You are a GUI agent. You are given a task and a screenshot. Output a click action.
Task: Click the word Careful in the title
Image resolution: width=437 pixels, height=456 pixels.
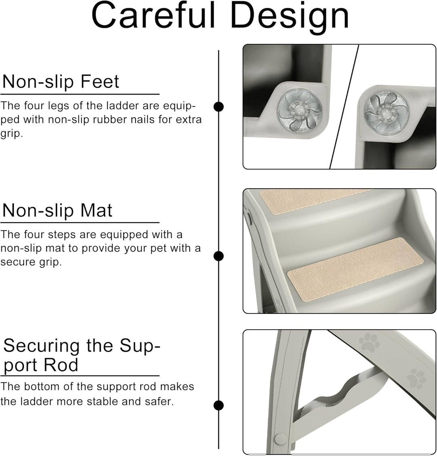(153, 15)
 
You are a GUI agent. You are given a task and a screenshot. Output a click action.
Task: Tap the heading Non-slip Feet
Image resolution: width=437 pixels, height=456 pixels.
(61, 82)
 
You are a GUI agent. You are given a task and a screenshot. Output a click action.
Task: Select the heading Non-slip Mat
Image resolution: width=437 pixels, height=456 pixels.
(57, 210)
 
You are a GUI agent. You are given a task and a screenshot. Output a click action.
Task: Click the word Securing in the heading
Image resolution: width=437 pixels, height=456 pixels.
(41, 346)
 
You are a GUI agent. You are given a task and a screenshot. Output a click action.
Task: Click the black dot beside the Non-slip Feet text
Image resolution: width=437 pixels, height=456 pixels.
(218, 107)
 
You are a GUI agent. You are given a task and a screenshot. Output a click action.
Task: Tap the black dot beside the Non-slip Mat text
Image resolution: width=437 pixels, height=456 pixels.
(218, 256)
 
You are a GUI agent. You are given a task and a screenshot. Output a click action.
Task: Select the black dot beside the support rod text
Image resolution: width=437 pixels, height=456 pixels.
(218, 406)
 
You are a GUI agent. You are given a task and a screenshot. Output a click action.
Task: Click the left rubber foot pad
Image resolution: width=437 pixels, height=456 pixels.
(299, 111)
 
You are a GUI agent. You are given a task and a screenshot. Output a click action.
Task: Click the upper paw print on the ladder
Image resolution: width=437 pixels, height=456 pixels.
(369, 343)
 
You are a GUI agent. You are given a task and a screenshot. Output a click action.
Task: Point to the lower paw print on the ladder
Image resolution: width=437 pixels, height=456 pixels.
(417, 378)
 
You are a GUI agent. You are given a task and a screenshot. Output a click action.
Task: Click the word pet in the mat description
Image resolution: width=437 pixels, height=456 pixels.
(159, 249)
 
